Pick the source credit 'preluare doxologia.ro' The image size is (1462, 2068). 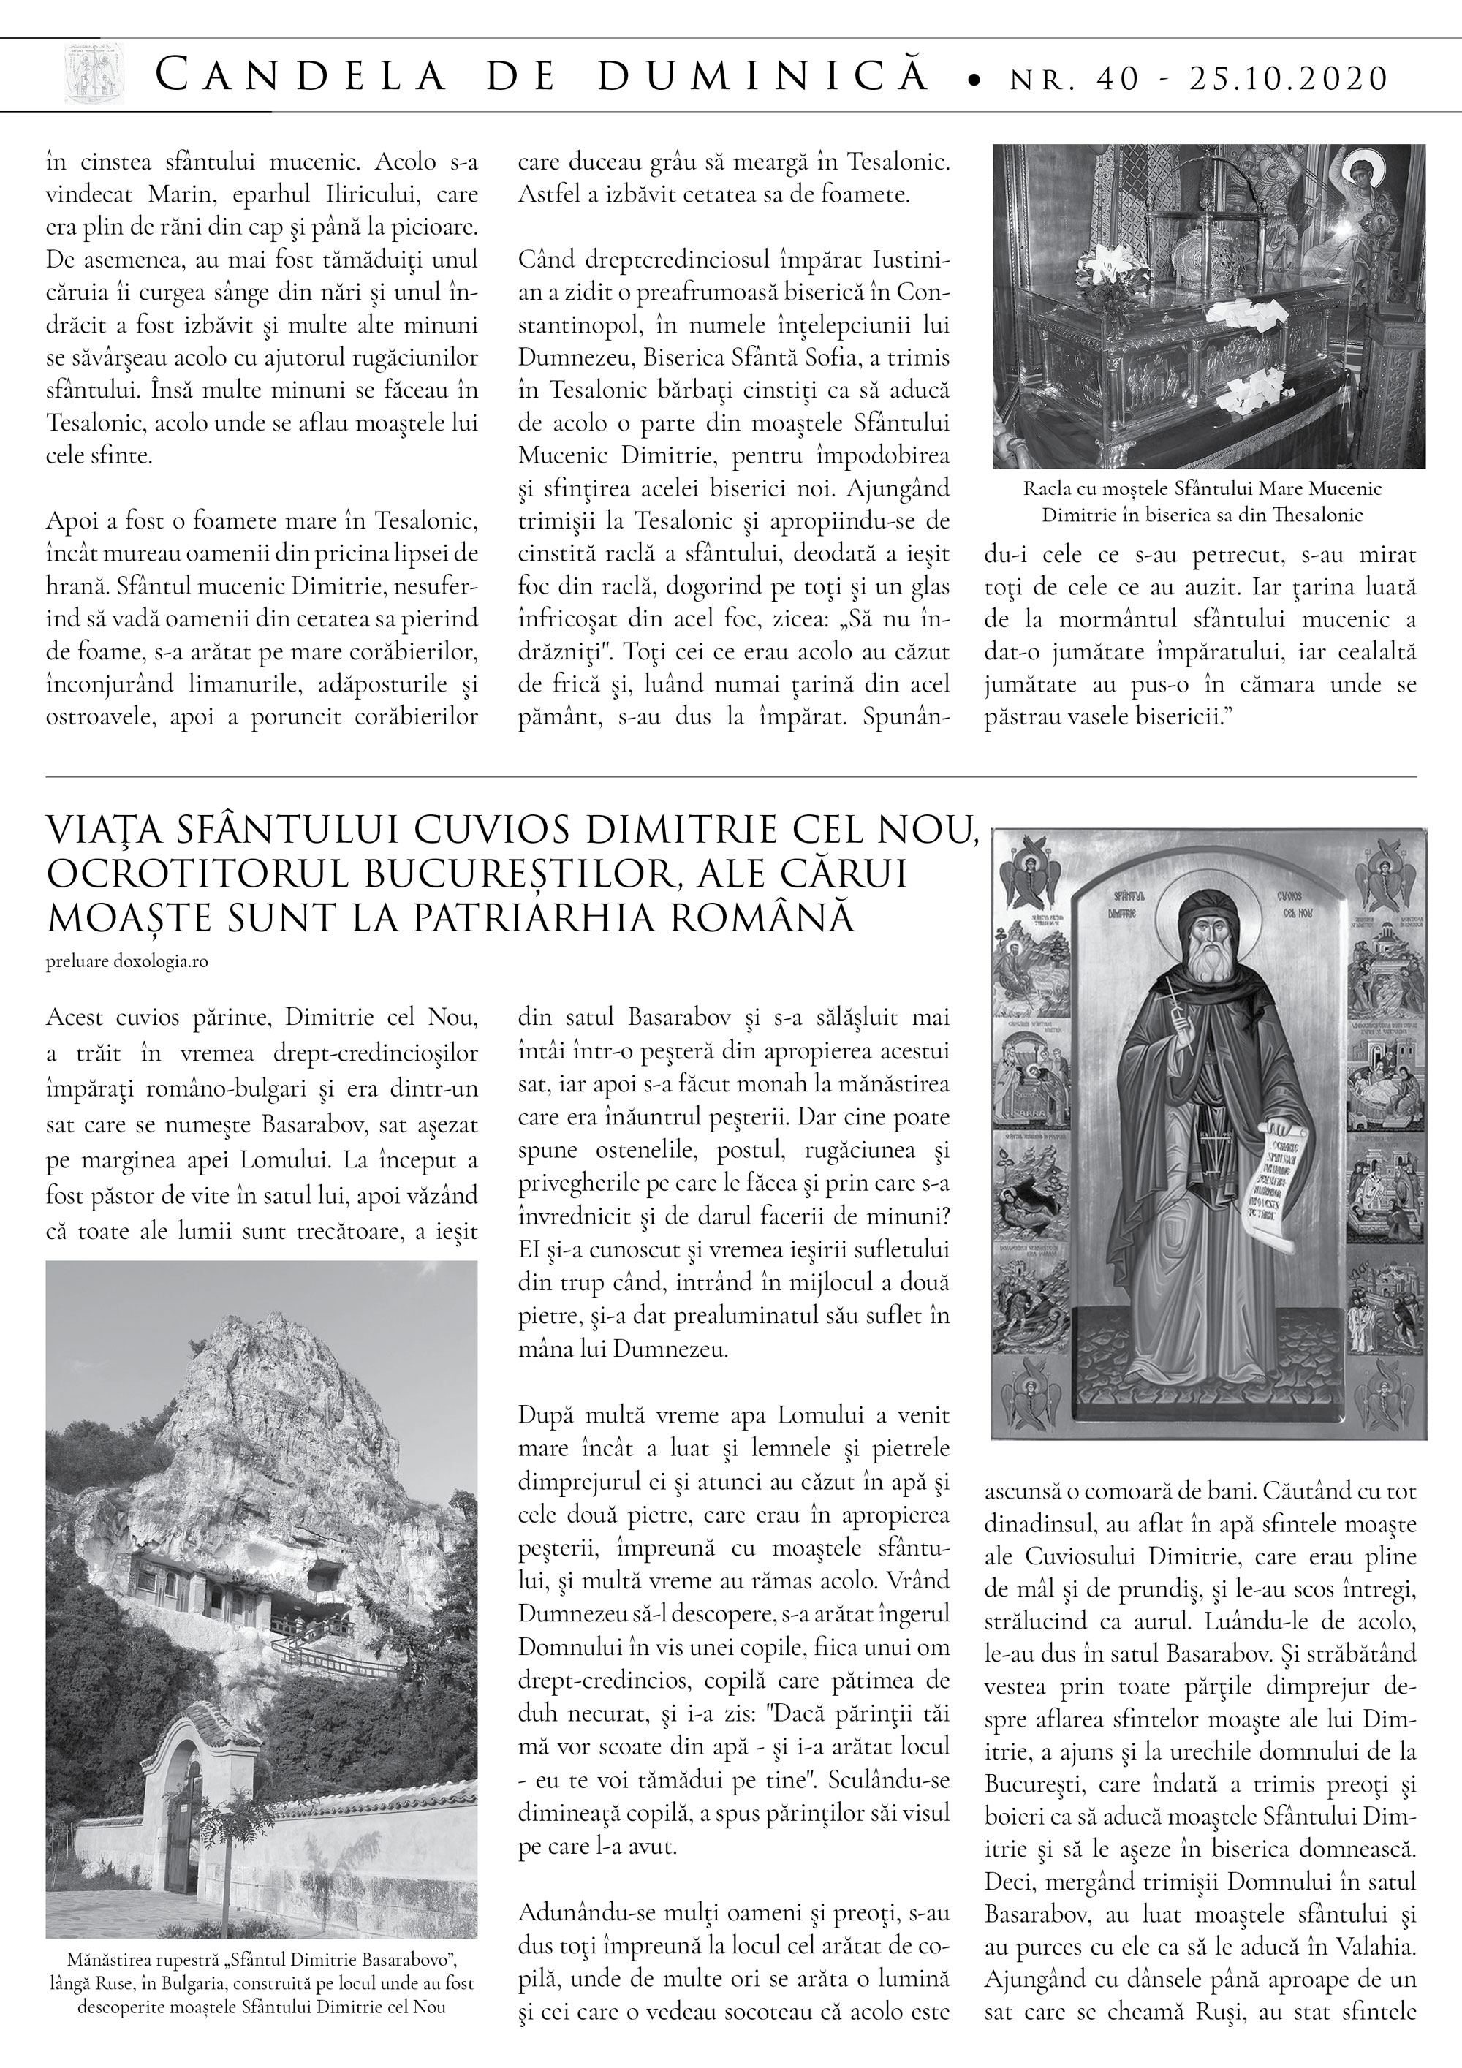(127, 961)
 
